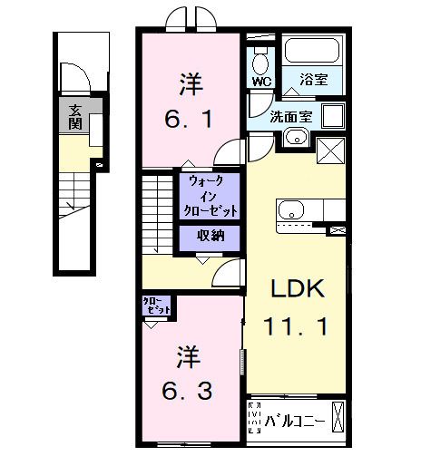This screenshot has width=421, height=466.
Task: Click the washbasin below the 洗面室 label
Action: (294, 138)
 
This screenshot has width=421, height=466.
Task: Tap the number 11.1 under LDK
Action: (295, 324)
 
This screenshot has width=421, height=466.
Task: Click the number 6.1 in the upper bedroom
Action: (190, 120)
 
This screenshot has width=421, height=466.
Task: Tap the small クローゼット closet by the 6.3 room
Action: (155, 306)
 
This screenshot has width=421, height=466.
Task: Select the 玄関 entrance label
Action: (71, 118)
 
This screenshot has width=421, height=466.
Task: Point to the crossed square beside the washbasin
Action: (328, 150)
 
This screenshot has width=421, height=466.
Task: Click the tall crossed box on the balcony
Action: (337, 420)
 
